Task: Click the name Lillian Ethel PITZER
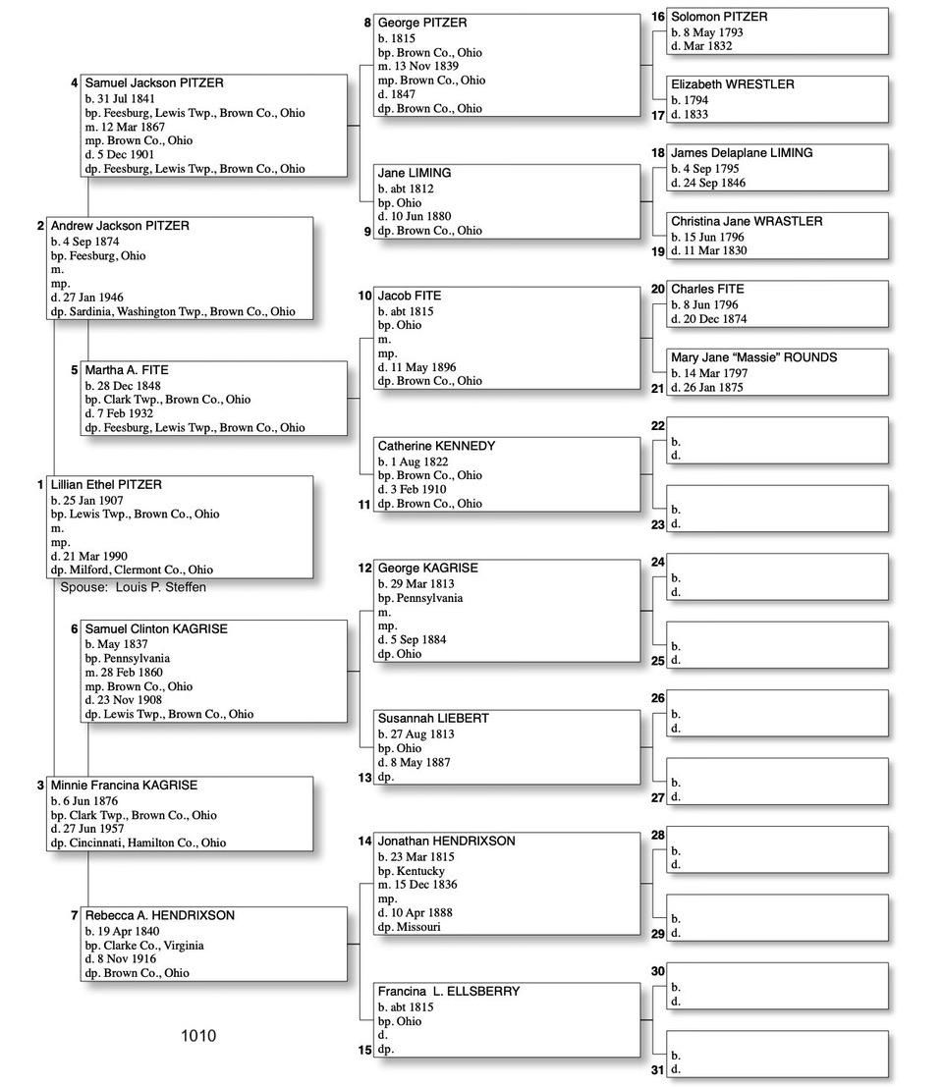pos(106,485)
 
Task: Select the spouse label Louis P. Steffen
pos(133,587)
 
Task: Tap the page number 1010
pos(198,1036)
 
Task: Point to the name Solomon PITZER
pos(719,17)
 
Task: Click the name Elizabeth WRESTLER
pos(732,84)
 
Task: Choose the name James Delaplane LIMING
pos(742,153)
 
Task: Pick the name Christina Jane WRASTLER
pos(747,222)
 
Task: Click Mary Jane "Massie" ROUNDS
pos(753,358)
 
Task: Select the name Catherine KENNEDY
pos(436,446)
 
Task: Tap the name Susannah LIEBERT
pos(433,719)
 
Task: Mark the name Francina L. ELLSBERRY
pos(449,992)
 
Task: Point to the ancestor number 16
pos(657,17)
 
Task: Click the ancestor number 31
pos(657,1069)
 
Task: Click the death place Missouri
pos(418,927)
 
